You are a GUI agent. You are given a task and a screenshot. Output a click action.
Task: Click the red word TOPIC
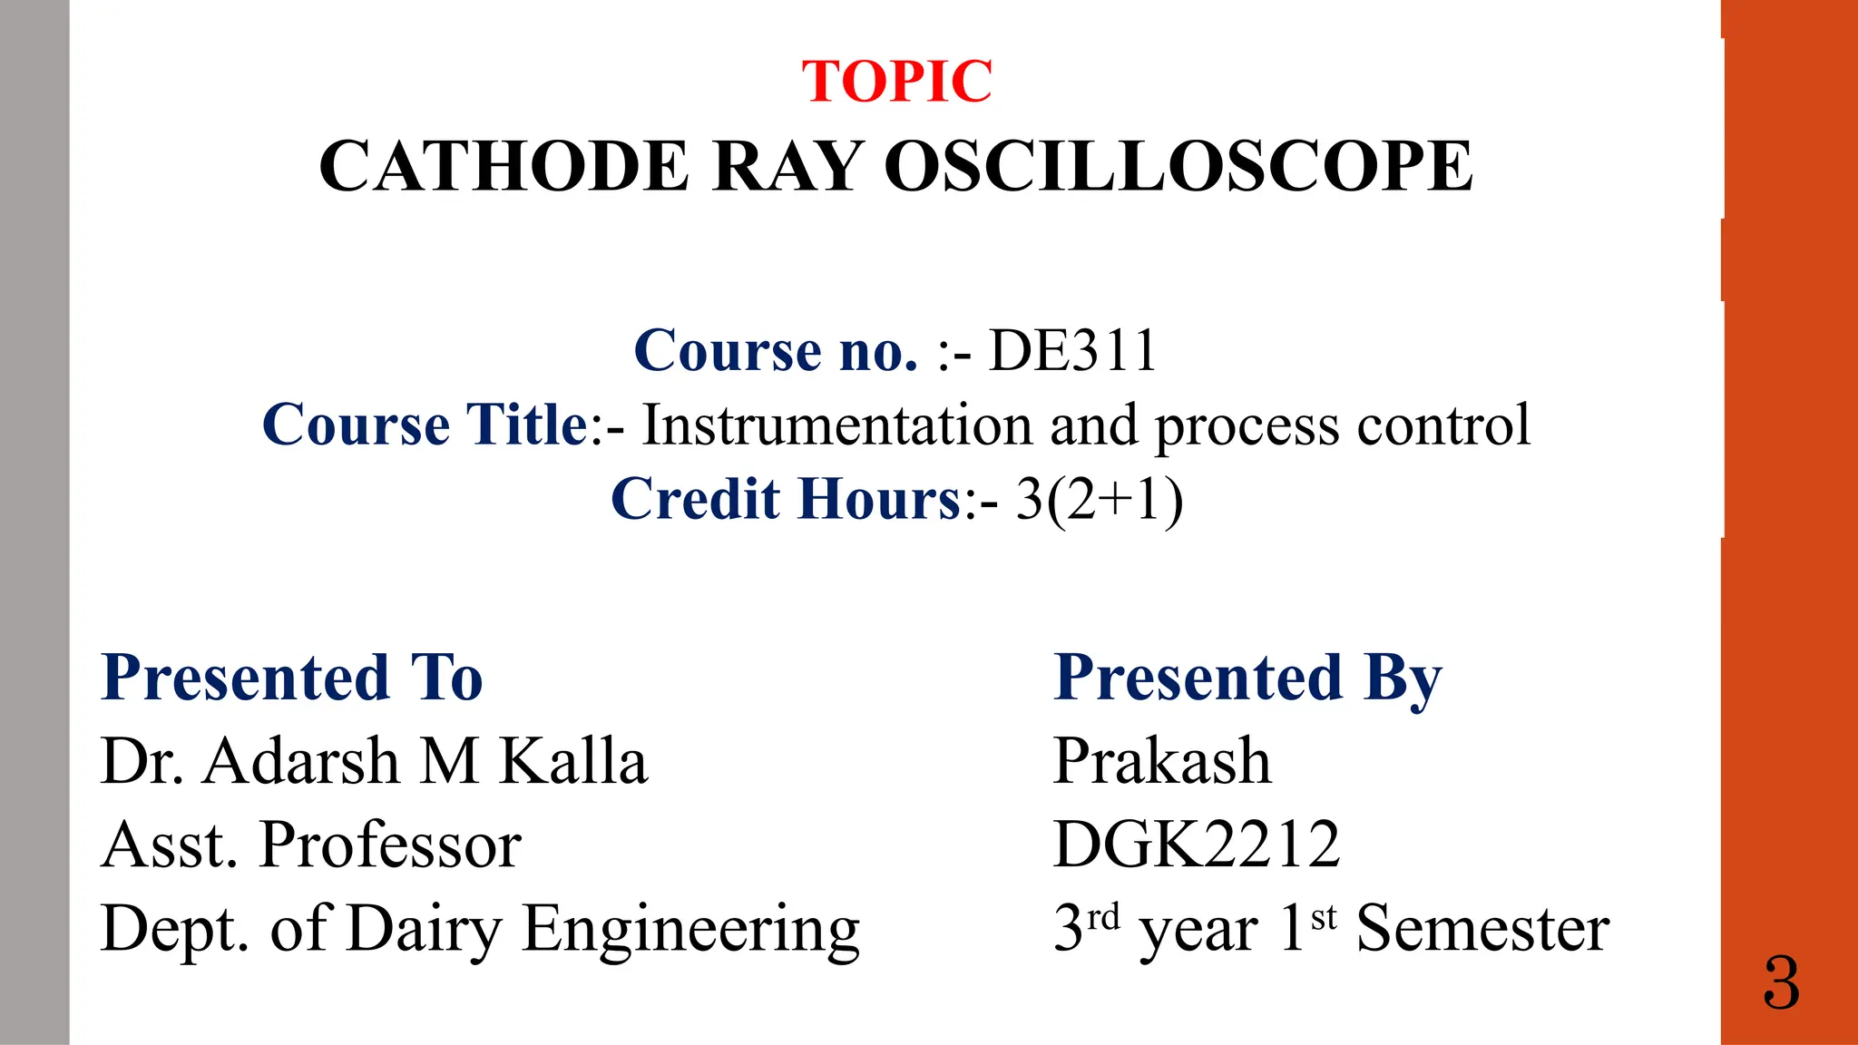(896, 82)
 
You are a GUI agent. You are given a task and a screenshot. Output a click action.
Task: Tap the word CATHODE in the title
(504, 167)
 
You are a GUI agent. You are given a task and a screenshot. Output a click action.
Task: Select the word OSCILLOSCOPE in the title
(1178, 167)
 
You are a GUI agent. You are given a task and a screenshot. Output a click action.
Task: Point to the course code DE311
(1072, 350)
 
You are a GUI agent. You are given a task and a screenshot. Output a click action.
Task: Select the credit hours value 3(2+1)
(1099, 499)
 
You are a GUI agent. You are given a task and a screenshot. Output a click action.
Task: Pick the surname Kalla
(574, 761)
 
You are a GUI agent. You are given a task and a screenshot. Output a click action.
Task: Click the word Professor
(390, 845)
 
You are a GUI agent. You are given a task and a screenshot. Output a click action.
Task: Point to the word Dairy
(424, 930)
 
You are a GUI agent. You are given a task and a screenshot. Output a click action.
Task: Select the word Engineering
(691, 930)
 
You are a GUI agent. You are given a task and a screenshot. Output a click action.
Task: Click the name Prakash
(1162, 761)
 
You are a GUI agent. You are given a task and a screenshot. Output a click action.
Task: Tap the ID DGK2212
(1197, 845)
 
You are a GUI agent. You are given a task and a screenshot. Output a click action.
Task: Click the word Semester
(1482, 930)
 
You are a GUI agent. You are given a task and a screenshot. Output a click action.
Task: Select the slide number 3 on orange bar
(1781, 984)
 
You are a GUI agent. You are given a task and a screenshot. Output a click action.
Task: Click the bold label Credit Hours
(786, 499)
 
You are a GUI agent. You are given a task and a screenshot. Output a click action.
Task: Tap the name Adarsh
(301, 761)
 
